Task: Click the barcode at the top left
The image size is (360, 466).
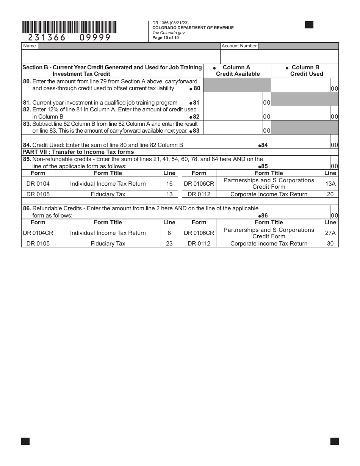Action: pos(69,27)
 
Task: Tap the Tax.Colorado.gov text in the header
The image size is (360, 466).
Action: pos(166,33)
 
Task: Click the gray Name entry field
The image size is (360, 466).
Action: pos(129,46)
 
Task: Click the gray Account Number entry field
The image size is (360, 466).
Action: pos(299,46)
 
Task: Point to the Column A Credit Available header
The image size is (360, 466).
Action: pos(238,70)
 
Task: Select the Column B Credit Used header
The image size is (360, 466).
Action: pos(306,70)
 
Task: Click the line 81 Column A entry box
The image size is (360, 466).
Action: pos(233,99)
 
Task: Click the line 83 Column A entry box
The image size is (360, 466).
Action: pos(233,127)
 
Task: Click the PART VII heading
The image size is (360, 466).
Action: pos(78,152)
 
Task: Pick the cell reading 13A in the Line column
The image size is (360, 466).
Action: pos(330,183)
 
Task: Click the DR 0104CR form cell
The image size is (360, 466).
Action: pos(38,233)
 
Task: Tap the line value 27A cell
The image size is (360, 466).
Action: pos(330,233)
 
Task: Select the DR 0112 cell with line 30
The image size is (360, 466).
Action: pos(199,244)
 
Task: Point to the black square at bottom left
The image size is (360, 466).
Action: pos(25,441)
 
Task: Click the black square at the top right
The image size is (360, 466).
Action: pos(309,25)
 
